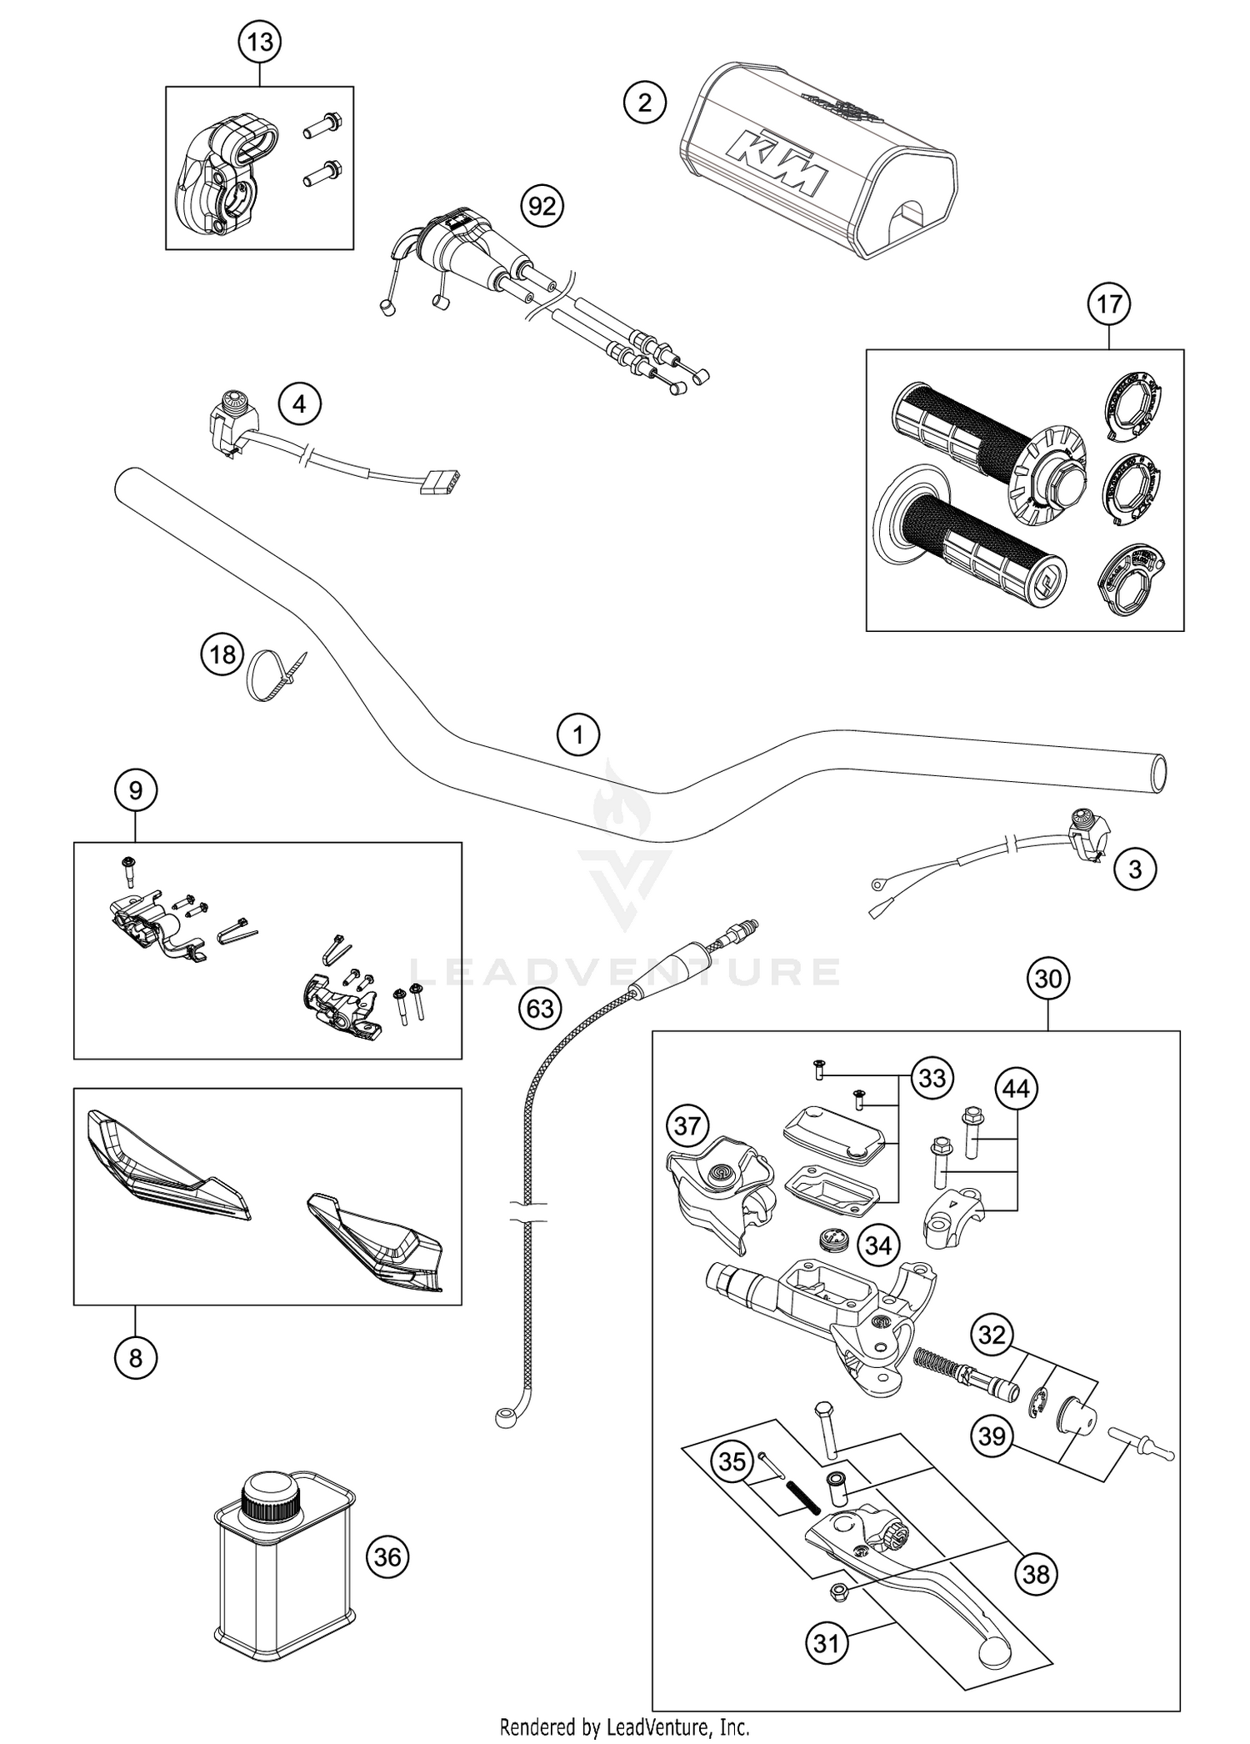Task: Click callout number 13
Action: (260, 41)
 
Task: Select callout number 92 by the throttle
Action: (542, 205)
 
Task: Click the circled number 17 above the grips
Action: (1108, 304)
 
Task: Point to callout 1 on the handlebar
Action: (577, 734)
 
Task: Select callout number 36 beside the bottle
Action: (387, 1557)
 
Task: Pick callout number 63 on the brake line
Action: (540, 1009)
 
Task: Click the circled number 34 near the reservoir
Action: (877, 1269)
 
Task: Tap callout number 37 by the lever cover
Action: (687, 1127)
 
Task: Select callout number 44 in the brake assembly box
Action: (1016, 1088)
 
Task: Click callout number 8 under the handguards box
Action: (135, 1359)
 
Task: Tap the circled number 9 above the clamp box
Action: (136, 789)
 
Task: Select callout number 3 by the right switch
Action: (1134, 869)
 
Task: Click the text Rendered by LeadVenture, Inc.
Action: (624, 1726)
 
